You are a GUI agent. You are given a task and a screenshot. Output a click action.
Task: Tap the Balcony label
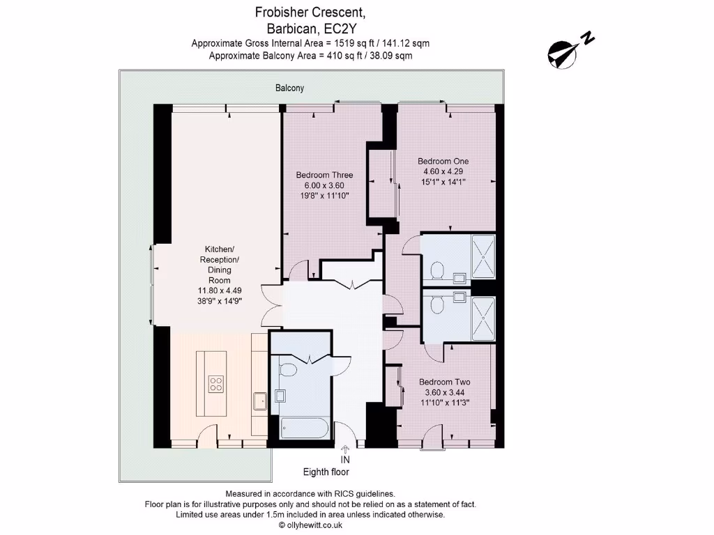point(289,88)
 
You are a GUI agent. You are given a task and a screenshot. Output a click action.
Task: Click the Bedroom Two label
point(444,382)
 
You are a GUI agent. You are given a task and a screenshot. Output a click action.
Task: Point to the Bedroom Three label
point(324,175)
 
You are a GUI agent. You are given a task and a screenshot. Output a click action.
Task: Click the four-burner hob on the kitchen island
point(216,383)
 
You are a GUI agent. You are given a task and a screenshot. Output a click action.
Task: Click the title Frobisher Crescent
point(310,13)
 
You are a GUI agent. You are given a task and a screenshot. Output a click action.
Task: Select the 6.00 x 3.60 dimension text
point(324,185)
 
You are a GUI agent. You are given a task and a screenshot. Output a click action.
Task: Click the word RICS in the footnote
point(336,493)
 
